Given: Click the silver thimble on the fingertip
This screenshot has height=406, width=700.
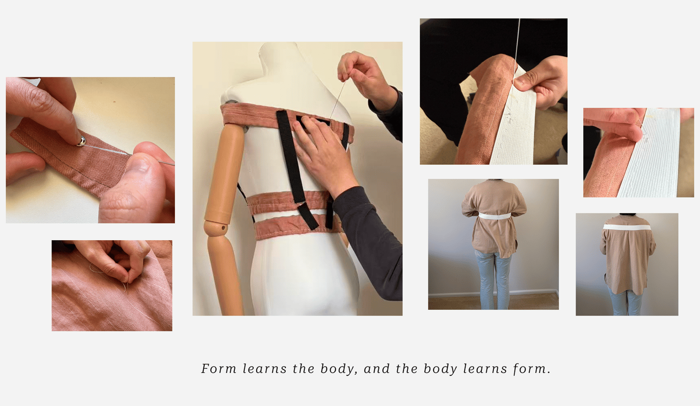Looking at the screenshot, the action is coord(81,141).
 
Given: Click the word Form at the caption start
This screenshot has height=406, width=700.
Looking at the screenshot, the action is coord(219,369).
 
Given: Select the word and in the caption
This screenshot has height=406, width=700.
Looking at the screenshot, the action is coord(377,369).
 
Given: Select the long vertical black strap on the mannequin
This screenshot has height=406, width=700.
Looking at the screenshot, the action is coord(291,156).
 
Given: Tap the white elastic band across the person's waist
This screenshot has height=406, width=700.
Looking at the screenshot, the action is coord(495,216).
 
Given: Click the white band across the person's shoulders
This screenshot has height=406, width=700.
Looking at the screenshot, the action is coord(627,227).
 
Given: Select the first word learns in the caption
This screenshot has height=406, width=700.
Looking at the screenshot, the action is coord(264,369).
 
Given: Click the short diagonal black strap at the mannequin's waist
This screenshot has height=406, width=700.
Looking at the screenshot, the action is coord(308,216).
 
